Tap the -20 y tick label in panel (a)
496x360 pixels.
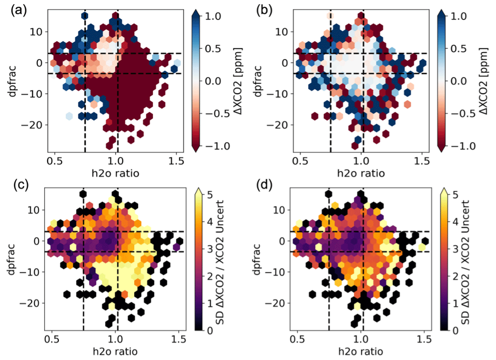click(38, 125)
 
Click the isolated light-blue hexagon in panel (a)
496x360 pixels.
click(69, 115)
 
